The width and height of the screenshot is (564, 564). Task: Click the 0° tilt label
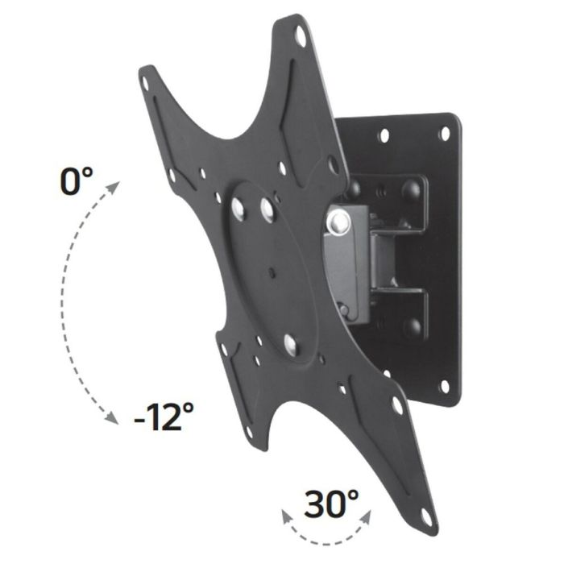[77, 181]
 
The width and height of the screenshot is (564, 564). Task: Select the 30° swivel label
[331, 504]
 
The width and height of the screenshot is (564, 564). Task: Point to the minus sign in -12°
[141, 418]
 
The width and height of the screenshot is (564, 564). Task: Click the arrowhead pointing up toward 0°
[114, 188]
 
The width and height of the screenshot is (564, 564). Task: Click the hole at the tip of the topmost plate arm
[301, 35]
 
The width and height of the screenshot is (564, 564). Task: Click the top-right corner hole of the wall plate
[444, 134]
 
